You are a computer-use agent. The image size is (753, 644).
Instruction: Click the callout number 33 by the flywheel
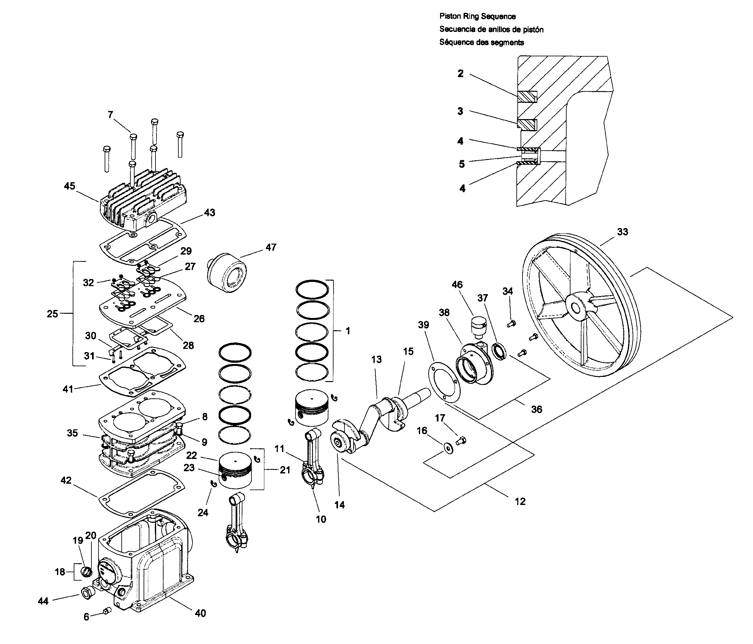coord(622,232)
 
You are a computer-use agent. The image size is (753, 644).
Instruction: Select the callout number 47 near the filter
coord(271,247)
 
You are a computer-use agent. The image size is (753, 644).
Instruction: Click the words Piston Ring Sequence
coord(477,16)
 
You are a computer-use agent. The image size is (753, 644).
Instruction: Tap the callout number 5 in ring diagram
coord(461,164)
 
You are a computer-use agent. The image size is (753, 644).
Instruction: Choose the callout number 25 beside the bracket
coord(52,314)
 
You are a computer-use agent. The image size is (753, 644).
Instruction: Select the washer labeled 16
coord(449,449)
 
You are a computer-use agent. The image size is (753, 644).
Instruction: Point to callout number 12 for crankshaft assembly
coord(520,502)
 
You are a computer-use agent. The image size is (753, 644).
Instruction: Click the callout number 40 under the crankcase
coord(200,613)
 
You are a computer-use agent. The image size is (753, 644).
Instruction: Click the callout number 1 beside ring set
coord(347,331)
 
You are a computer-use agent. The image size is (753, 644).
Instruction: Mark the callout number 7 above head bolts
coord(110,115)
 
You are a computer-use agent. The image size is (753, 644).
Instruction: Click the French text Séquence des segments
coord(481,42)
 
